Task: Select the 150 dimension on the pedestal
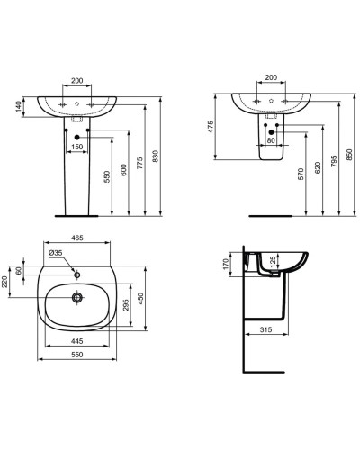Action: pos(77,147)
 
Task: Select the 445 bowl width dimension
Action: pos(77,340)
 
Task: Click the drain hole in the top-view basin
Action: pos(78,294)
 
